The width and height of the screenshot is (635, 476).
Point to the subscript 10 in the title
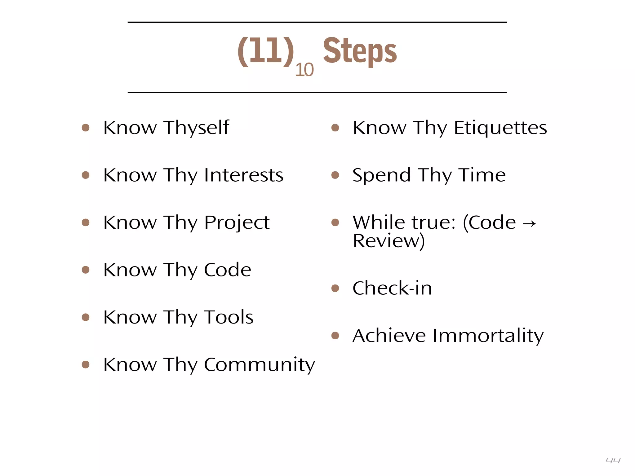pos(304,70)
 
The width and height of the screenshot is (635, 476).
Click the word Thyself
pos(197,128)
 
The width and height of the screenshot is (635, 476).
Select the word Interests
pos(244,175)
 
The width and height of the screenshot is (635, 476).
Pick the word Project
pos(237,223)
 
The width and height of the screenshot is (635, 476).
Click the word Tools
pos(229,317)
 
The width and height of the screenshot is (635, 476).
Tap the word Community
pos(259,365)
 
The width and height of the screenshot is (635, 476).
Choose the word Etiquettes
pos(500,128)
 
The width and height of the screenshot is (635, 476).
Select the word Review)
pos(389,241)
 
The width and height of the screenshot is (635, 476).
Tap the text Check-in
pos(392,288)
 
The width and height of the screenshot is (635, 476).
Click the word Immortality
pos(488,336)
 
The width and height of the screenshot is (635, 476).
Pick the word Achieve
pos(389,336)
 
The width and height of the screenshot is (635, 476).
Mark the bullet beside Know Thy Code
pos(86,270)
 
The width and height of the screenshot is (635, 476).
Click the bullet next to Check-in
pos(335,289)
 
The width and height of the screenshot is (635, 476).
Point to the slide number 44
pos(613,461)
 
